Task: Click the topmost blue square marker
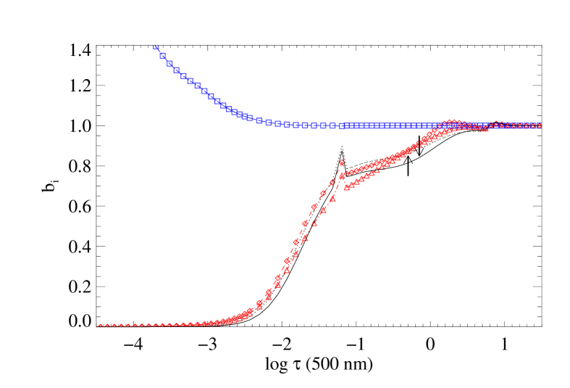156,48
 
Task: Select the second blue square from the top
163,55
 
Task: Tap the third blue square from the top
169,63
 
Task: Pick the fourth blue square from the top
176,70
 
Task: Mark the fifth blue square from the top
183,75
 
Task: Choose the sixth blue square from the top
190,81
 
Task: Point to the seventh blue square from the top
197,86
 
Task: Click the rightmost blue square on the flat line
538,125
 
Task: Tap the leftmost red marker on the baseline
100,326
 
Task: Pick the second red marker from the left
107,326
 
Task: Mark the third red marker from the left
114,326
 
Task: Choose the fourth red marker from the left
121,326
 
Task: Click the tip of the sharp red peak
342,161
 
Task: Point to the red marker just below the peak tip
342,176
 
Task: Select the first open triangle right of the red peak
346,188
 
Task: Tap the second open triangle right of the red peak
351,185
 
